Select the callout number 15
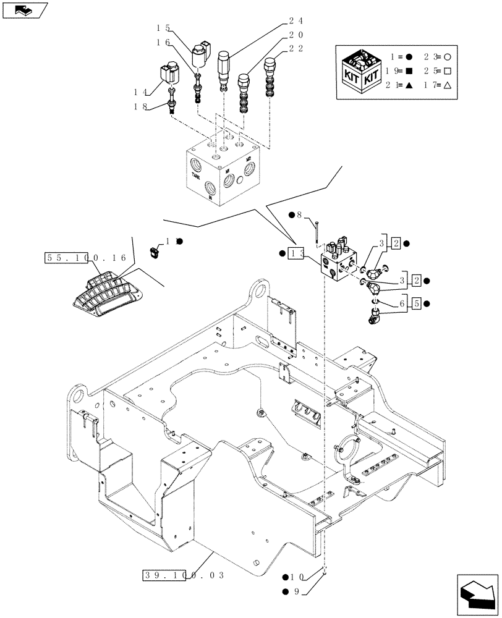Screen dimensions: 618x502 pos(163,27)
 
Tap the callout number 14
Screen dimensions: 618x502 pos(139,91)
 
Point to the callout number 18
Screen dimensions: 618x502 pos(139,107)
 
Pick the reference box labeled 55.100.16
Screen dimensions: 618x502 pos(85,258)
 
